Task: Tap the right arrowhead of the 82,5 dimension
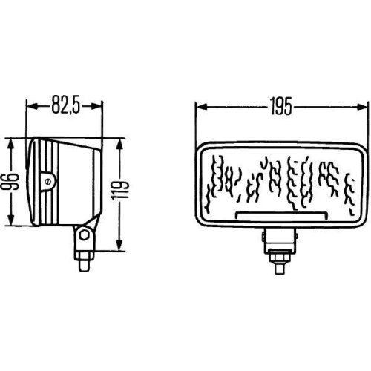(99, 106)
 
